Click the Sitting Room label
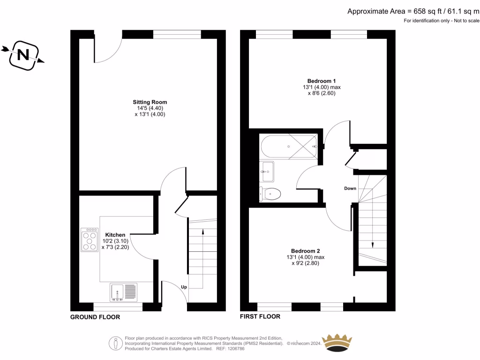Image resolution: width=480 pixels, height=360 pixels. [150, 102]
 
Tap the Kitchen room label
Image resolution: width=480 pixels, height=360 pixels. [115, 234]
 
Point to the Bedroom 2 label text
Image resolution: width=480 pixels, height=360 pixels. [305, 250]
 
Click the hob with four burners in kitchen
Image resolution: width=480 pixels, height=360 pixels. [89, 240]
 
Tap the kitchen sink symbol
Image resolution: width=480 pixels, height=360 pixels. [124, 292]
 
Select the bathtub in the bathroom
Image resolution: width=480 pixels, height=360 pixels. [288, 146]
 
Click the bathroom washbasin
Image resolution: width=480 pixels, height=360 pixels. [268, 172]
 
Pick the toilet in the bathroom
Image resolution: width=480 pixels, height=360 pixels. [271, 193]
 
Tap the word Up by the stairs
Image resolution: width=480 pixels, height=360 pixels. [184, 286]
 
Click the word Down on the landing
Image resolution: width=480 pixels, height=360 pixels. [350, 188]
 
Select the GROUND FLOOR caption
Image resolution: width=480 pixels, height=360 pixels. [95, 317]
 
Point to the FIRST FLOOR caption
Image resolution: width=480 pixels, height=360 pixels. [260, 317]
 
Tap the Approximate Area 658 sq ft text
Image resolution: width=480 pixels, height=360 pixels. [413, 12]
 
